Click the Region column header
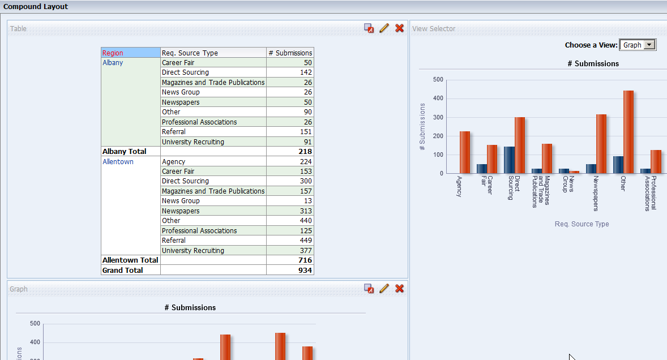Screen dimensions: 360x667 click(113, 53)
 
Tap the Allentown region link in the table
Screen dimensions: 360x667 click(118, 162)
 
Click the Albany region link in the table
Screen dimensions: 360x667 click(113, 63)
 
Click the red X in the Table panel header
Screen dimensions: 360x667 click(399, 28)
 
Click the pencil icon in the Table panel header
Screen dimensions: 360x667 click(384, 28)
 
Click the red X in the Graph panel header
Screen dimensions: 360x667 click(399, 289)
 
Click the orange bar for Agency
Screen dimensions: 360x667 click(465, 152)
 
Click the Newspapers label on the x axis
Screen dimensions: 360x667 click(596, 192)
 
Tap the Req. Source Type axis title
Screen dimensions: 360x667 click(582, 224)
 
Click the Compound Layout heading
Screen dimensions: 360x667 click(36, 7)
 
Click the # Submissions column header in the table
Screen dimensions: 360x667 click(290, 53)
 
